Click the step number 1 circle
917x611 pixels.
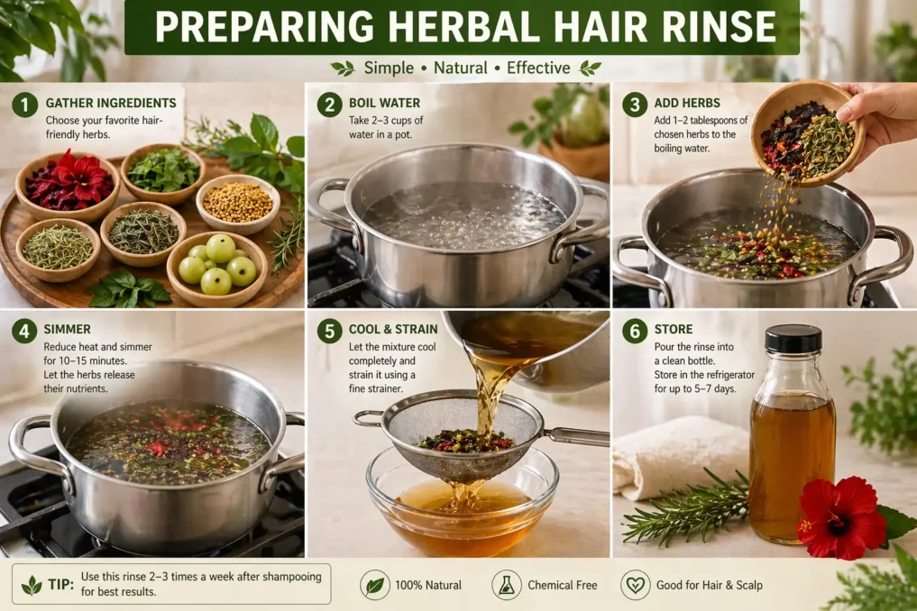click(x=24, y=105)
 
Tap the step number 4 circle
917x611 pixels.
click(x=24, y=331)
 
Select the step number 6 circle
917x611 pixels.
click(x=635, y=331)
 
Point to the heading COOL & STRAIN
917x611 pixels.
click(x=393, y=329)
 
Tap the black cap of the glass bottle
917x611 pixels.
click(x=793, y=338)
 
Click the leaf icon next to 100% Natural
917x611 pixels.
click(x=375, y=585)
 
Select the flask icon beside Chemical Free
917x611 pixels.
click(x=507, y=585)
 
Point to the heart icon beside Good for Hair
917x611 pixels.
click(x=636, y=585)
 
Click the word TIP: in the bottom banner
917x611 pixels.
click(x=61, y=584)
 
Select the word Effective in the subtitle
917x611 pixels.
click(x=537, y=68)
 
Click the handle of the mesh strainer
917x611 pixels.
click(x=576, y=437)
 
